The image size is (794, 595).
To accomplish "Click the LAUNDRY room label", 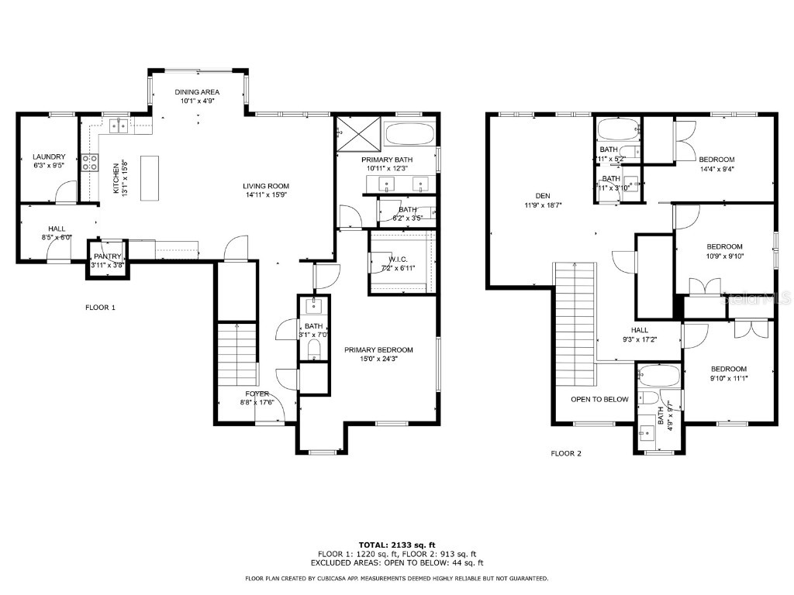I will (x=49, y=156).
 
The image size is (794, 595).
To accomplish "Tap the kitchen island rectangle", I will (x=150, y=178).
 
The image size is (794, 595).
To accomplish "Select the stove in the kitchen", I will (x=90, y=162).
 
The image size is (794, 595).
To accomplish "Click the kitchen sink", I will (x=119, y=125).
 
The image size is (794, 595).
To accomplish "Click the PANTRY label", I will (x=108, y=256).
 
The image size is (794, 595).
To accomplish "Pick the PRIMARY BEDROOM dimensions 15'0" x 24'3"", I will (x=378, y=359).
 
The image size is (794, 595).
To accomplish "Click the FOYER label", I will (x=258, y=394).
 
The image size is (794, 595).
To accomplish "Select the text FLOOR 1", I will (x=100, y=308).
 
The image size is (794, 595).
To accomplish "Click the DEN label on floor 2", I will (x=542, y=195).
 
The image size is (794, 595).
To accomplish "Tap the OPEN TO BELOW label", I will (x=599, y=400).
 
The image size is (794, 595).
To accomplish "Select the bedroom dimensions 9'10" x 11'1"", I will (x=729, y=377).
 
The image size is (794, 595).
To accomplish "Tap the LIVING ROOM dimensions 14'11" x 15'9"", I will (x=266, y=195).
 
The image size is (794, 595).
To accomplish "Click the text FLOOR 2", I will (x=566, y=453).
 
